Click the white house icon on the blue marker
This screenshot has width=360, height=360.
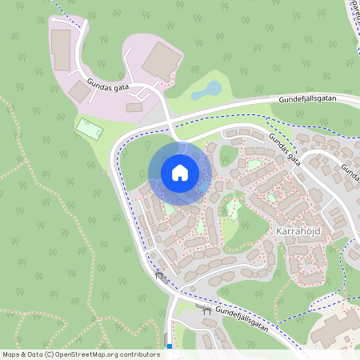click(x=180, y=173)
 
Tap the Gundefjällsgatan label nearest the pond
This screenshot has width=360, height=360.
click(x=308, y=99)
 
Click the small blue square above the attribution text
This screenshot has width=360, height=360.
click(x=170, y=346)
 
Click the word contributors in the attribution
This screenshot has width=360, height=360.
click(x=139, y=354)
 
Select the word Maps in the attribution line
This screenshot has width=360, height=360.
click(x=12, y=354)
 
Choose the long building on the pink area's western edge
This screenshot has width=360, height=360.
click(x=60, y=50)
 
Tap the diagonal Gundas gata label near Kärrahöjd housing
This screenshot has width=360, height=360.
click(x=285, y=148)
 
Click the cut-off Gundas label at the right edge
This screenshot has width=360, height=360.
click(x=350, y=171)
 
